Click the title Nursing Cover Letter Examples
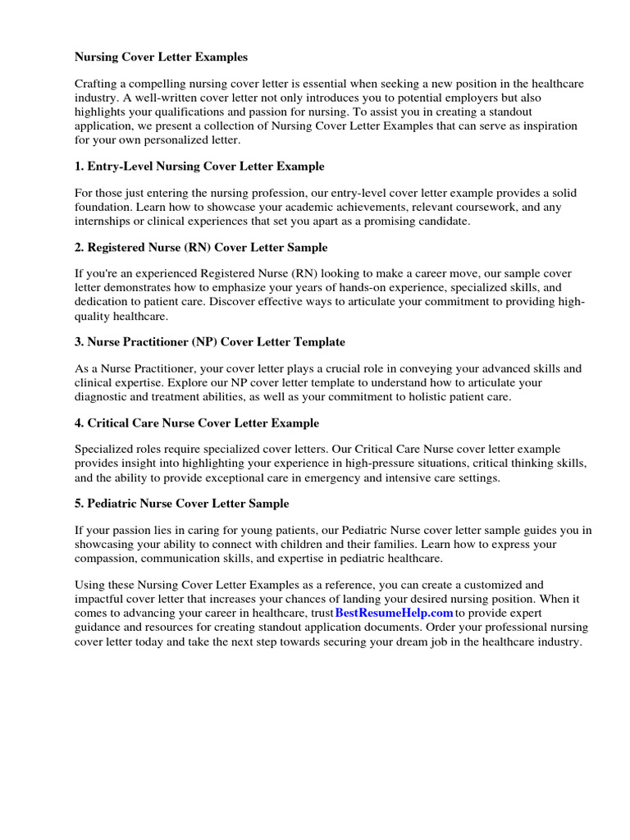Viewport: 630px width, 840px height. tap(161, 57)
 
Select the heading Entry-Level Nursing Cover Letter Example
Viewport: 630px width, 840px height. tap(199, 167)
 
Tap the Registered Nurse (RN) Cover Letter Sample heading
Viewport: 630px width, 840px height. tap(201, 247)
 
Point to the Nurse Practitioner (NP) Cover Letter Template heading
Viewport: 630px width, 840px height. tap(210, 341)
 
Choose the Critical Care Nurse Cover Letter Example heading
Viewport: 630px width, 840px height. tap(197, 423)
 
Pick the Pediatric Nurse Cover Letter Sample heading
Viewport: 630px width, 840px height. tap(181, 503)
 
